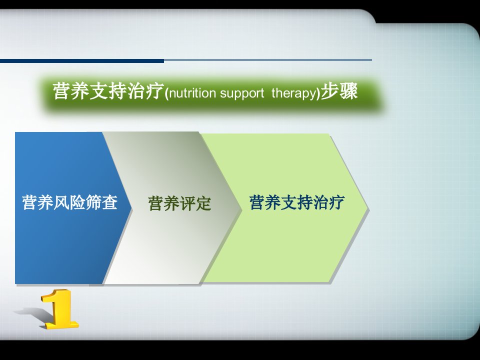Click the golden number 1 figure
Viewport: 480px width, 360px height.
click(x=60, y=308)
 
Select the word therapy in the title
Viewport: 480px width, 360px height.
click(x=294, y=93)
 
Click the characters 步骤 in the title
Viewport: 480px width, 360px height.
click(x=339, y=91)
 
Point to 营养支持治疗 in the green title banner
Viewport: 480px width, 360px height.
click(x=108, y=91)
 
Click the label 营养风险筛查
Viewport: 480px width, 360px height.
click(x=70, y=202)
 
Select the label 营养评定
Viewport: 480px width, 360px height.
click(x=179, y=203)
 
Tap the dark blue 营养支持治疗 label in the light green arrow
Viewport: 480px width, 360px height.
click(x=297, y=202)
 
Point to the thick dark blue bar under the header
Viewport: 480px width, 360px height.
click(x=82, y=61)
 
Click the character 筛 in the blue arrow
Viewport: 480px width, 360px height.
click(x=93, y=202)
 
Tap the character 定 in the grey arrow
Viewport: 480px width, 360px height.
click(x=203, y=203)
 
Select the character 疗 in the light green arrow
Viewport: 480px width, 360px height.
click(x=336, y=202)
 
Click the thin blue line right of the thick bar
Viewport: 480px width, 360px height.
click(x=268, y=60)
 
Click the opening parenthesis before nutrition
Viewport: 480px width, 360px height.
click(x=166, y=93)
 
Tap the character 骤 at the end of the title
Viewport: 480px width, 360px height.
click(x=348, y=91)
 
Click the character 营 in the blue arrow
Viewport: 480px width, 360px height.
click(x=30, y=202)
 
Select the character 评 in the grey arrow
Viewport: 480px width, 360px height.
click(x=187, y=203)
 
